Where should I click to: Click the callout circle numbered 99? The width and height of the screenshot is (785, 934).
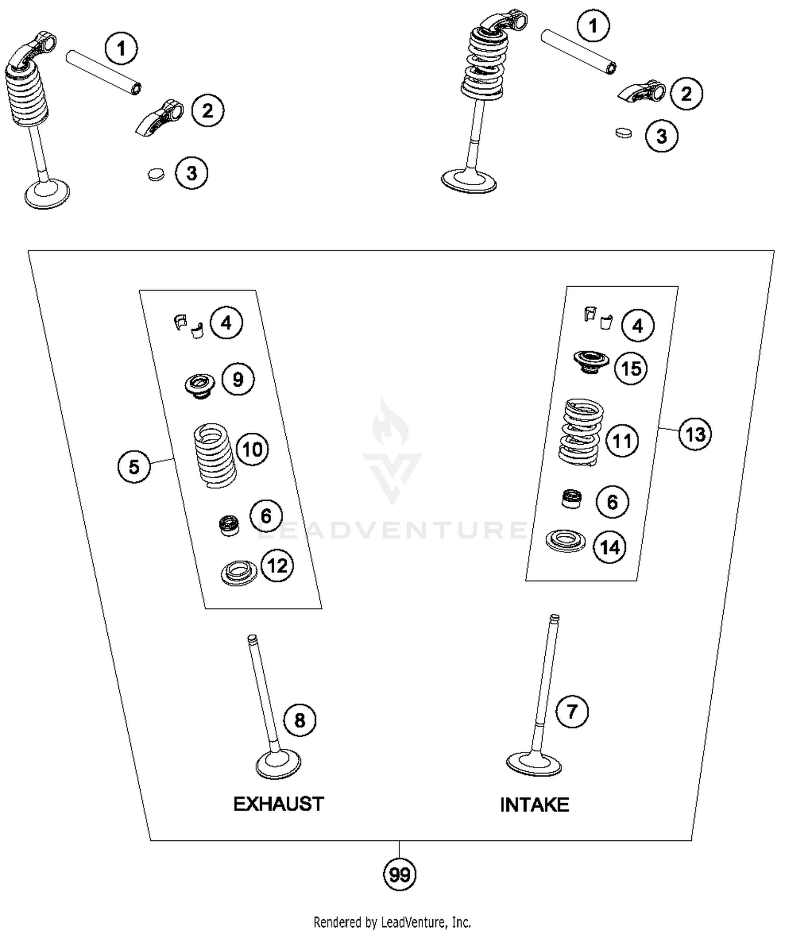(400, 875)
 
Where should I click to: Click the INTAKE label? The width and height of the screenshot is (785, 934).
(534, 805)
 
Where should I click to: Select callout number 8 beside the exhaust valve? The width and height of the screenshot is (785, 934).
(300, 721)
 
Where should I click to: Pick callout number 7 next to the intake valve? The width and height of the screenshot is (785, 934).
(572, 712)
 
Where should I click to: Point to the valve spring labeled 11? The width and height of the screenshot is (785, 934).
(580, 433)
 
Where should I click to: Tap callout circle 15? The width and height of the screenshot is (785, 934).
(631, 368)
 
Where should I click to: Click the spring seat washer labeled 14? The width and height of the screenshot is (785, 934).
(565, 541)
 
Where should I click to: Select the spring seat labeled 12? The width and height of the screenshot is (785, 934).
(239, 572)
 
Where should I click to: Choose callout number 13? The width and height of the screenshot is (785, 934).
(696, 434)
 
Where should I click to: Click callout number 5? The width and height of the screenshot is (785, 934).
(134, 466)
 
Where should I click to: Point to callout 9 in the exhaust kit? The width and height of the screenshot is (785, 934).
(238, 379)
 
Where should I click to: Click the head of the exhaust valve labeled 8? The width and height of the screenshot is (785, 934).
(278, 764)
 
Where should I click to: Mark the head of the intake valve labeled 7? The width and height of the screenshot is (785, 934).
(534, 764)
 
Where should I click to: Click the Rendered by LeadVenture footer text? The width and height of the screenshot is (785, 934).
(392, 922)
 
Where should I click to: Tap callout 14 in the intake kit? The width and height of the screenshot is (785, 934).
(610, 547)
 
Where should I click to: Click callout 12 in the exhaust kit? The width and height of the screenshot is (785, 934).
(277, 566)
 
